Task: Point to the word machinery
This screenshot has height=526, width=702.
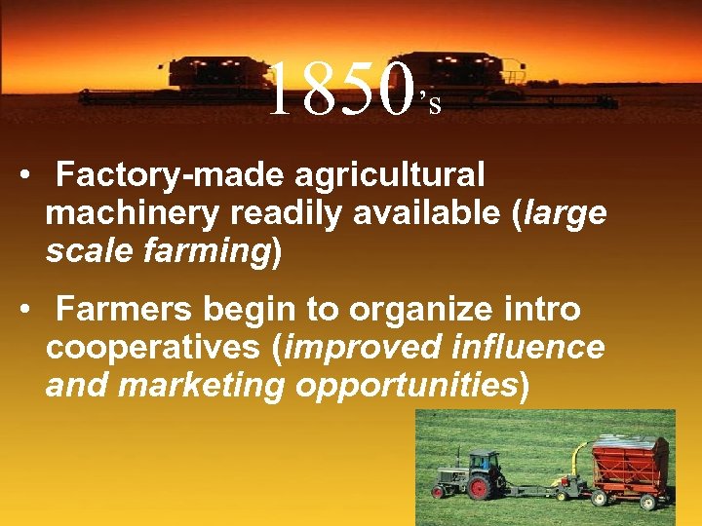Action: [x=128, y=213]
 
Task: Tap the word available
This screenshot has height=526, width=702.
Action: [x=433, y=213]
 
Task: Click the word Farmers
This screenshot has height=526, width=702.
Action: [x=126, y=310]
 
